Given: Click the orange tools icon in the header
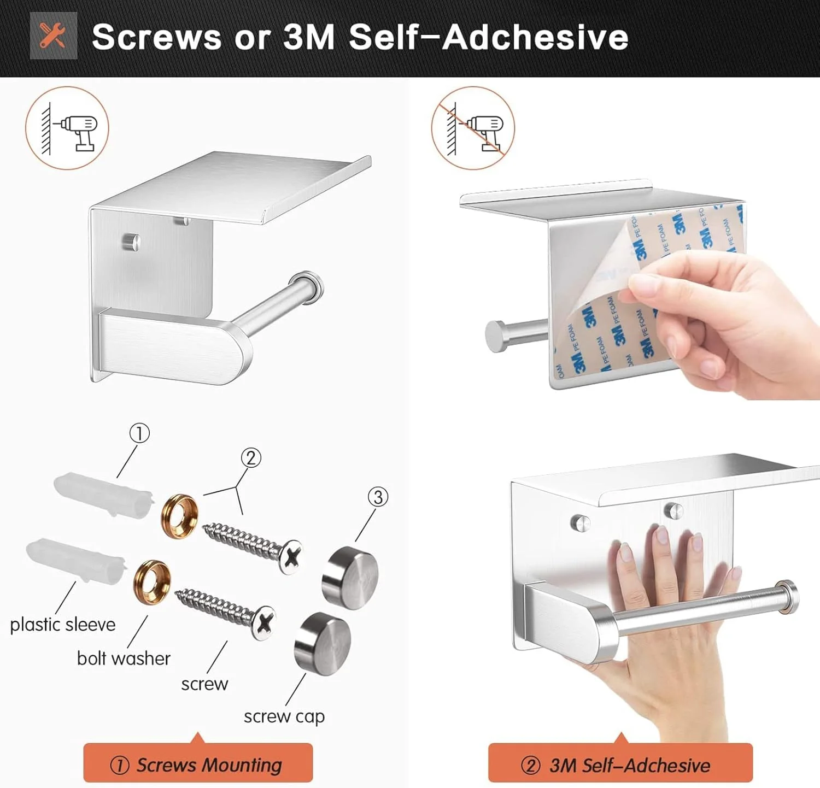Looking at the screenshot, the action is [53, 36].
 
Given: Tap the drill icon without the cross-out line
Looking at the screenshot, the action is [67, 128].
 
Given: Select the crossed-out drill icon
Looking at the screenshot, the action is [473, 128].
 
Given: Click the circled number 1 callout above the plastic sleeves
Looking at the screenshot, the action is [139, 433].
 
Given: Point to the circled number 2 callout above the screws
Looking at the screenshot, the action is [251, 458].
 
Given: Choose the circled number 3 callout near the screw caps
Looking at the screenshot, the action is [378, 497].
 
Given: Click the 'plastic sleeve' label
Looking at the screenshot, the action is [63, 625].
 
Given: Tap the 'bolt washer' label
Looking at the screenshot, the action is [124, 658].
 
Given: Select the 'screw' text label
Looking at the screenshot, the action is [204, 684].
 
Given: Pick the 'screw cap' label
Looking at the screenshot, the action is [284, 716].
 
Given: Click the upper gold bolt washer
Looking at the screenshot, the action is [179, 516].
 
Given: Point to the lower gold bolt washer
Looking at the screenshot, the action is [152, 582].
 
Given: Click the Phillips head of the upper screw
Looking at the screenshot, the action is [291, 557].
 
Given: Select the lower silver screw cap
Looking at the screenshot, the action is [323, 644].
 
